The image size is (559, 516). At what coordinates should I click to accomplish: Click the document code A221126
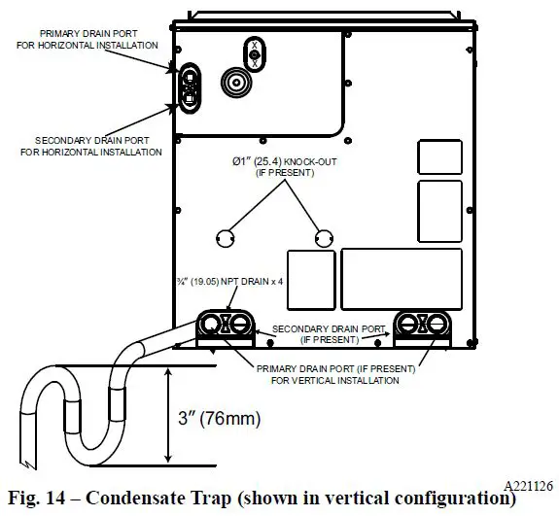tap(528, 482)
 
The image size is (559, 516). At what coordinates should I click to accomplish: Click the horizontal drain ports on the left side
tap(189, 85)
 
